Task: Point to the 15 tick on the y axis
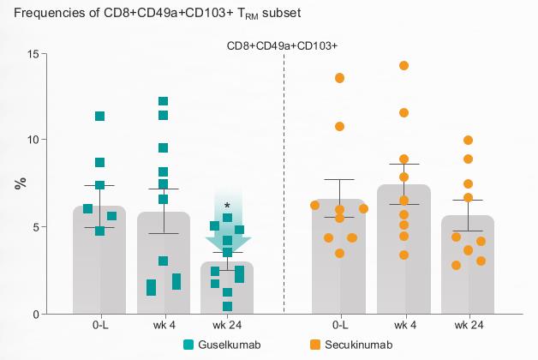tap(35, 53)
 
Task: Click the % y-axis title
tap(18, 183)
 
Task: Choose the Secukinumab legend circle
tap(314, 345)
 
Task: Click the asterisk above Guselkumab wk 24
tap(227, 206)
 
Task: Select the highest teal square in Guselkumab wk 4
tap(163, 102)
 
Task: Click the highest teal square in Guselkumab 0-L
tap(99, 117)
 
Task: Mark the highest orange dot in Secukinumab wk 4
tap(403, 66)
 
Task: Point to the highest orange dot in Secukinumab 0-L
tap(339, 78)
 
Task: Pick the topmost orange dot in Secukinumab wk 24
tap(468, 141)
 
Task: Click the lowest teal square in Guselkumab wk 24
tap(228, 306)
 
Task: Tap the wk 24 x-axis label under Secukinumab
tap(468, 327)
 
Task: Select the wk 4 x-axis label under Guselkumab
tap(163, 327)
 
